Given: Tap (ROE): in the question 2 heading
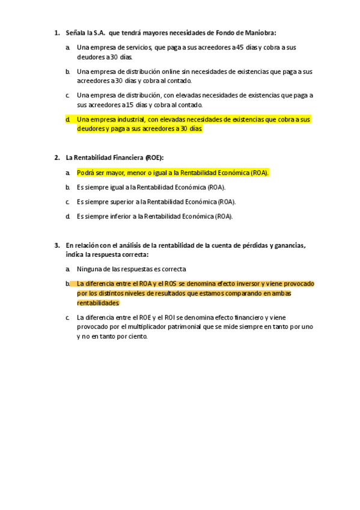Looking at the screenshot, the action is coord(154,158).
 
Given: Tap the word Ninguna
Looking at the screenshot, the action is coord(90,269).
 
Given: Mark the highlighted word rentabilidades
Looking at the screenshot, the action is coord(99,303).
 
